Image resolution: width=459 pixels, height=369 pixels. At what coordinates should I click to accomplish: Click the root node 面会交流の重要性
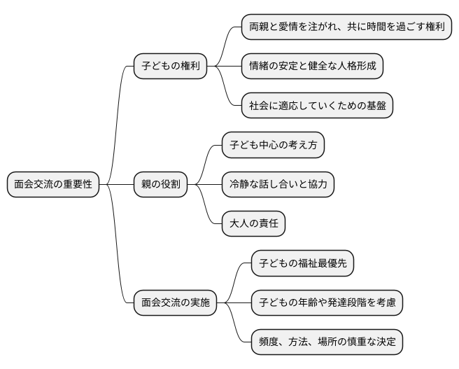53,185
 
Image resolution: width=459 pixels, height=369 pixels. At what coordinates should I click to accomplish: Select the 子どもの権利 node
171,67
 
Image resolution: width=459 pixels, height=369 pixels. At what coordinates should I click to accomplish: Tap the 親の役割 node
160,185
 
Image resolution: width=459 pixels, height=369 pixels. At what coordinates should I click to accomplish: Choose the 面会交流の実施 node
175,303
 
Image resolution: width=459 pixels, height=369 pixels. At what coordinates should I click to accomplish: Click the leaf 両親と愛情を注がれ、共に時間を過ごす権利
346,27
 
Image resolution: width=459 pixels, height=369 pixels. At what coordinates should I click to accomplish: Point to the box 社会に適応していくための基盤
317,106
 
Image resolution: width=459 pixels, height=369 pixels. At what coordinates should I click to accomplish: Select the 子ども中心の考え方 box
274,146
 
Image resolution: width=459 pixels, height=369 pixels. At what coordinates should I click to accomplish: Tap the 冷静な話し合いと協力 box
278,185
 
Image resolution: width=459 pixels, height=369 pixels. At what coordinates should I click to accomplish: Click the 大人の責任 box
253,224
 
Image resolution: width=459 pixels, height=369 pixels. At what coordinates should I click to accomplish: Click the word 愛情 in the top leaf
293,27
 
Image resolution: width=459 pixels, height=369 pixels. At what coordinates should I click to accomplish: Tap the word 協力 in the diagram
315,185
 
